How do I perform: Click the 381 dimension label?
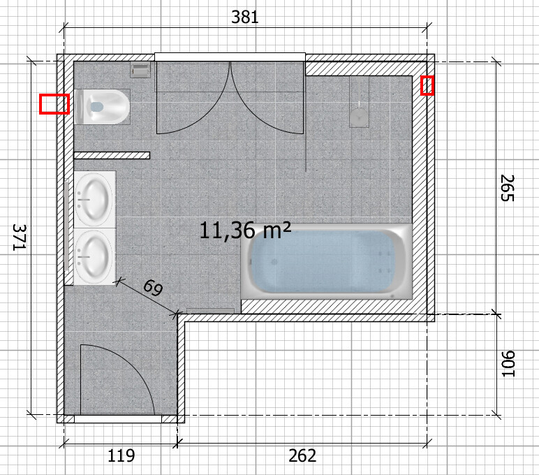pyautogui.click(x=245, y=17)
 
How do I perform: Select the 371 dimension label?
pyautogui.click(x=19, y=237)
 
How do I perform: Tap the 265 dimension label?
pyautogui.click(x=507, y=188)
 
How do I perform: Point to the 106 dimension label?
pyautogui.click(x=508, y=363)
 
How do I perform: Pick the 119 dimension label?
pyautogui.click(x=121, y=455)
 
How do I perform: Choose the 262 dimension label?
pyautogui.click(x=302, y=455)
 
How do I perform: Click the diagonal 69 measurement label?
pyautogui.click(x=153, y=288)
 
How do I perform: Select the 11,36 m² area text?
pyautogui.click(x=245, y=231)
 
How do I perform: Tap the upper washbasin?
pyautogui.click(x=94, y=200)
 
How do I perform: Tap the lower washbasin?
pyautogui.click(x=94, y=257)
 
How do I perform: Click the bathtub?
pyautogui.click(x=327, y=262)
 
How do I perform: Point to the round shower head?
pyautogui.click(x=360, y=115)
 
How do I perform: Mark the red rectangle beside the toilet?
pyautogui.click(x=54, y=104)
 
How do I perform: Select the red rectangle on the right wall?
pyautogui.click(x=427, y=85)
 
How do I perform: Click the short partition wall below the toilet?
pyautogui.click(x=112, y=156)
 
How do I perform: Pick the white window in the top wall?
pyautogui.click(x=230, y=57)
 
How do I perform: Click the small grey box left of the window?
pyautogui.click(x=140, y=70)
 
